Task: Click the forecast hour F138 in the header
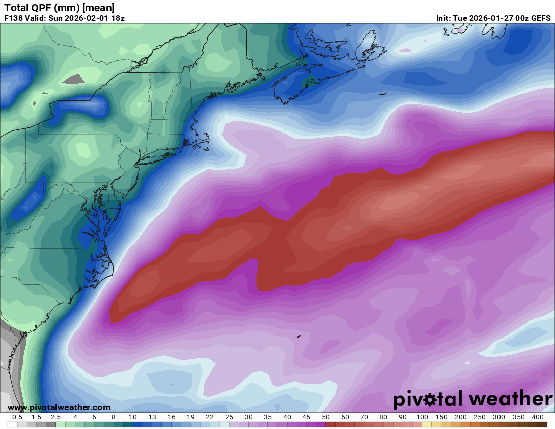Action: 14,18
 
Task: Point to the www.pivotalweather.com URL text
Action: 59,407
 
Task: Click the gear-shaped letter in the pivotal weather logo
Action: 431,400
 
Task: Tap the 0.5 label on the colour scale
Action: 17,417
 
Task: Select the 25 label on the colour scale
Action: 229,417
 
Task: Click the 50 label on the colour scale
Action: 325,417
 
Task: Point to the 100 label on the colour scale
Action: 422,417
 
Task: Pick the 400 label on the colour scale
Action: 537,417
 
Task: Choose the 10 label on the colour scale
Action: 133,417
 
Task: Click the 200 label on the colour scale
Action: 460,417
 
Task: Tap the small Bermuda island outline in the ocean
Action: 299,336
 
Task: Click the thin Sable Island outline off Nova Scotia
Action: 382,93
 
